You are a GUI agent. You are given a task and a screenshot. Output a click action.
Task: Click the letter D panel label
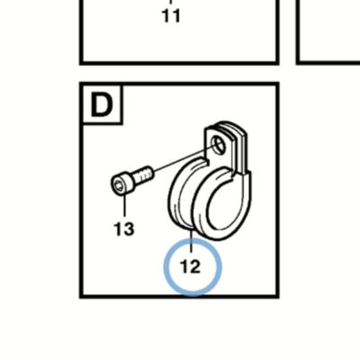(x=102, y=104)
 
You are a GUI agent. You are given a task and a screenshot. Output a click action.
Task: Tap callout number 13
(x=124, y=229)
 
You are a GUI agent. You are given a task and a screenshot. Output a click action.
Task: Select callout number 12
(x=191, y=266)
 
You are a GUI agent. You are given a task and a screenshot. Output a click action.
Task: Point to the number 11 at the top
(x=171, y=15)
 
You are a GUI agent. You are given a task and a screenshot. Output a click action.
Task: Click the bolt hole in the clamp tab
(x=219, y=143)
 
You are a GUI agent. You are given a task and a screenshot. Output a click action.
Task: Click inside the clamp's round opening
(x=224, y=203)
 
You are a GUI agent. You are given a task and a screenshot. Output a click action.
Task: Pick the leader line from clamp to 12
(x=191, y=241)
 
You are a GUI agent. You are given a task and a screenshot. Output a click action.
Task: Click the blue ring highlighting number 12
(x=193, y=267)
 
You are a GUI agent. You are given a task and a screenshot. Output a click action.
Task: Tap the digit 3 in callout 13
(x=129, y=229)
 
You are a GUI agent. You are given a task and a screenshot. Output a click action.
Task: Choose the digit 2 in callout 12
(x=195, y=266)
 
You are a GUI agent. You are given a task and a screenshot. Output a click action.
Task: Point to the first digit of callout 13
(x=118, y=229)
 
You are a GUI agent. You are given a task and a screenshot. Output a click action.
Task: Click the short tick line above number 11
(x=171, y=3)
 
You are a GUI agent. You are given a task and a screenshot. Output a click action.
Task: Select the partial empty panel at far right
(x=328, y=32)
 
